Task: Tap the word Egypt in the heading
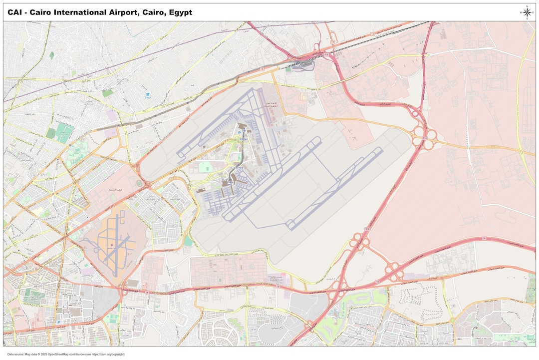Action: pos(180,12)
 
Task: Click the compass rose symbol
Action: pos(527,12)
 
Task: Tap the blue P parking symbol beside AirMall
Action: pos(239,132)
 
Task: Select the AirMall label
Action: pos(244,139)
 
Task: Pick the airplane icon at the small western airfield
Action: pos(111,245)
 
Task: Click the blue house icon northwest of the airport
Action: pos(147,94)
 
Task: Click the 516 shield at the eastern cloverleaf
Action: pos(425,137)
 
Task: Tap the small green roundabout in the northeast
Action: pos(428,54)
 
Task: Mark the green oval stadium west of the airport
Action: pos(138,183)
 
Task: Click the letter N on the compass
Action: pos(527,6)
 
